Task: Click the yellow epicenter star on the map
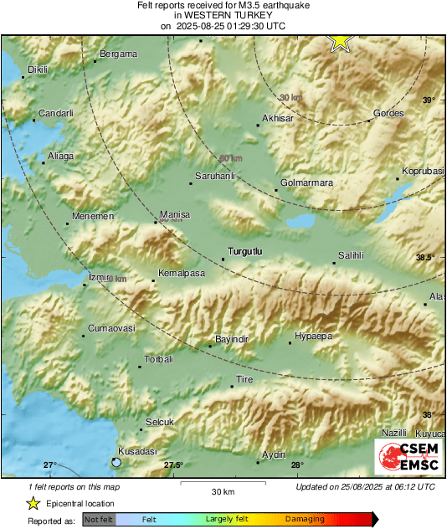[340, 40]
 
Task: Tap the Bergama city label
[118, 54]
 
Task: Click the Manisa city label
[175, 214]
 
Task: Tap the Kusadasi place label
[138, 451]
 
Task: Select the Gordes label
[388, 113]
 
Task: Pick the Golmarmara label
[306, 182]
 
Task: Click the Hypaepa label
[312, 335]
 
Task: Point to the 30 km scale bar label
[223, 490]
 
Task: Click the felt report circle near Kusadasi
[116, 462]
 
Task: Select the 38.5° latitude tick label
[426, 258]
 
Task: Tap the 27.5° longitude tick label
[173, 465]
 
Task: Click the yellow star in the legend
[33, 504]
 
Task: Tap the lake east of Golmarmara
[301, 223]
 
